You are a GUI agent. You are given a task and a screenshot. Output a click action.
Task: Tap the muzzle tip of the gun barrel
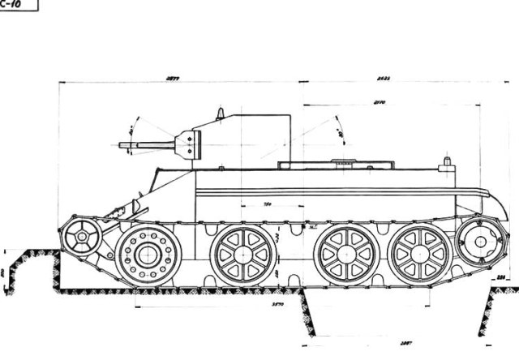121,146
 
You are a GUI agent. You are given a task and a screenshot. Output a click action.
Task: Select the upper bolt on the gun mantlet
189,138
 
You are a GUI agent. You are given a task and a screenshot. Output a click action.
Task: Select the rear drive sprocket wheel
475,241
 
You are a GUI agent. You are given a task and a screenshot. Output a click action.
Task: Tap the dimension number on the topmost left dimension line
172,79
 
